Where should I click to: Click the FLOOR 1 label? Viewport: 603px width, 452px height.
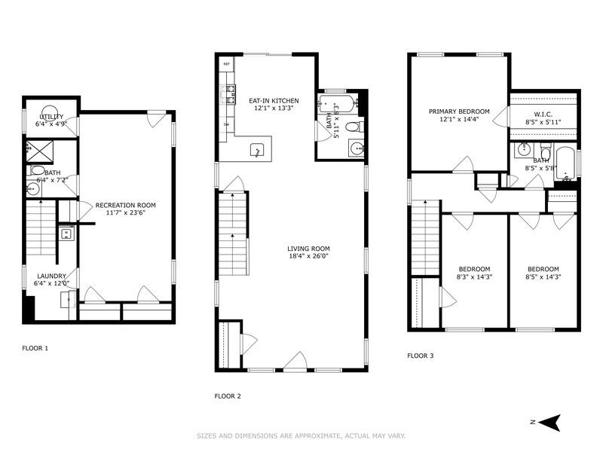(35, 348)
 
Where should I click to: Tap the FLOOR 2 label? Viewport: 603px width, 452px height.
(227, 395)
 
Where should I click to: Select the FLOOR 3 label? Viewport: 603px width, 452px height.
(420, 356)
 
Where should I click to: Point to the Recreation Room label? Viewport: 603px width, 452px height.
(125, 205)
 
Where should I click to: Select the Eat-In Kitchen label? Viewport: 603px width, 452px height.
(274, 100)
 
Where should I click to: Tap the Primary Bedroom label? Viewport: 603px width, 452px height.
(459, 111)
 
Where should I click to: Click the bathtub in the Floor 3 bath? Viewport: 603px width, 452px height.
(565, 165)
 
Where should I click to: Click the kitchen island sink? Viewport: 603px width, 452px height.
(257, 150)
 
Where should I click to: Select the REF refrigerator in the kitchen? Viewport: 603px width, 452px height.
(226, 65)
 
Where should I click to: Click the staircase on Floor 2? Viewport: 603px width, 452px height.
(233, 226)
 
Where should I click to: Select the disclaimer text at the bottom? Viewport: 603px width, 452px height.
(301, 435)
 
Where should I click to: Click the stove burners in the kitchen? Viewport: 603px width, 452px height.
(225, 94)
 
